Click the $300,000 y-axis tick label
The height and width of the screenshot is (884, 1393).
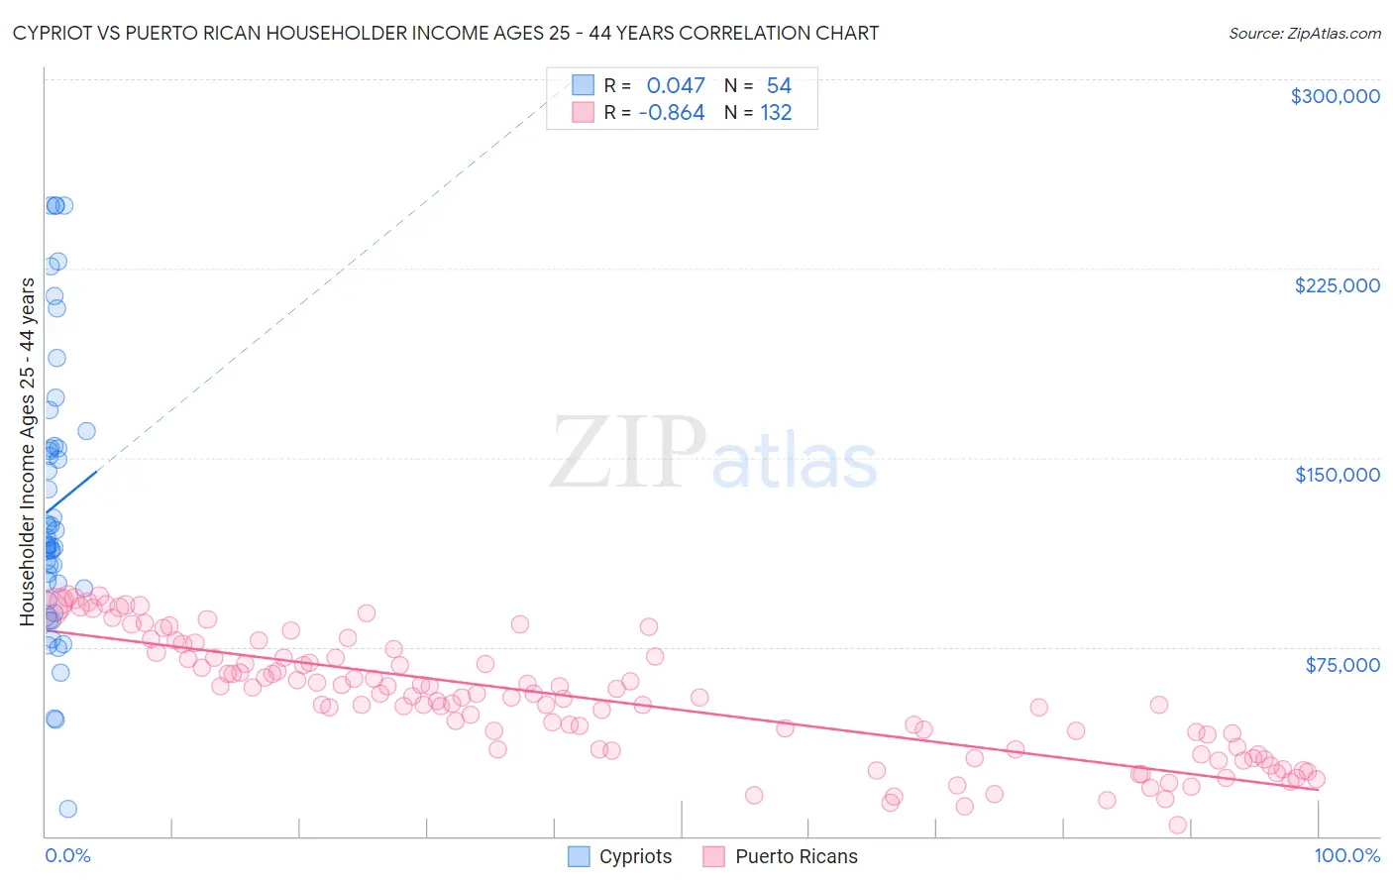(x=1335, y=96)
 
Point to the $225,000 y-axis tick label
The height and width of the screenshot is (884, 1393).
(x=1337, y=285)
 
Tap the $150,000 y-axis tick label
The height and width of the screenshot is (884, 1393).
(x=1337, y=475)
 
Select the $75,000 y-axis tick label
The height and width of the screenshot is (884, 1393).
(x=1342, y=665)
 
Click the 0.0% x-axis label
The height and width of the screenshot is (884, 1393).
(x=67, y=856)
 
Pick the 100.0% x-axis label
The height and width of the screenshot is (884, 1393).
(x=1346, y=856)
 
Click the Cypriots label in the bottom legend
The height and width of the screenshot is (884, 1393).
(x=635, y=857)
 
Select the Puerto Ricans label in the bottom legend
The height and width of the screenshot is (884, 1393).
(x=796, y=857)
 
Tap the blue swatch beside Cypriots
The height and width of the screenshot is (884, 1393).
(x=579, y=856)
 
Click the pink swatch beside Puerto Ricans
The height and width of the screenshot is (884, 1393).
(x=714, y=856)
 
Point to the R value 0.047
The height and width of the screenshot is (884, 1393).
(x=676, y=86)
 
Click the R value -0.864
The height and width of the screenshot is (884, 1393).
(x=672, y=113)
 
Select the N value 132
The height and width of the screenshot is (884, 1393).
(x=776, y=113)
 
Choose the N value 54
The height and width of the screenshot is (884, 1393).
(x=779, y=86)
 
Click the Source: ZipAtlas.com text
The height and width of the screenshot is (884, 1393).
(x=1304, y=34)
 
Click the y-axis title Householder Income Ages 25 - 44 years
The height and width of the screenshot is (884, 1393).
(x=28, y=452)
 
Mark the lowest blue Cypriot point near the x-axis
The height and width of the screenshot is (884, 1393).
(x=67, y=809)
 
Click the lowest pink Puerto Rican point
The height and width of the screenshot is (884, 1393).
(x=1177, y=825)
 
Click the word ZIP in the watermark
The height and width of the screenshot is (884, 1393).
(x=627, y=453)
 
